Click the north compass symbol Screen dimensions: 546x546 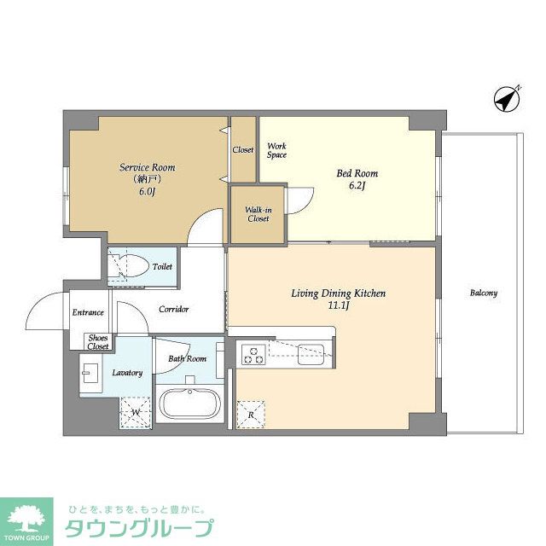507,99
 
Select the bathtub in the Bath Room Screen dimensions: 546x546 189,404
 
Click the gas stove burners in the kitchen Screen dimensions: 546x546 253,355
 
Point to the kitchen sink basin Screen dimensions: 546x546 311,354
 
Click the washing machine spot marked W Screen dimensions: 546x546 136,413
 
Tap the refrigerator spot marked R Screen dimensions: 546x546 251,415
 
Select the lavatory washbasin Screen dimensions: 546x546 90,374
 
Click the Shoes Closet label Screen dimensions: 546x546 98,342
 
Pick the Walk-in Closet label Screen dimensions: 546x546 258,214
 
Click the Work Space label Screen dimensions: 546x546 276,151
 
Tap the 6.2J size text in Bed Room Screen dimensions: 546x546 357,186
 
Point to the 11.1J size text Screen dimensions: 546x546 339,305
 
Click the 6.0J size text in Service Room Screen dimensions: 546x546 147,191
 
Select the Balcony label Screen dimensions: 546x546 484,293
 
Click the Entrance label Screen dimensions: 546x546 88,312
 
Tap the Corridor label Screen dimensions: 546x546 174,309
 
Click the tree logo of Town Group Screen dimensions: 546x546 26,519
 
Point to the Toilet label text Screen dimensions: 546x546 162,267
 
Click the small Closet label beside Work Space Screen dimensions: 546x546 243,150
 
